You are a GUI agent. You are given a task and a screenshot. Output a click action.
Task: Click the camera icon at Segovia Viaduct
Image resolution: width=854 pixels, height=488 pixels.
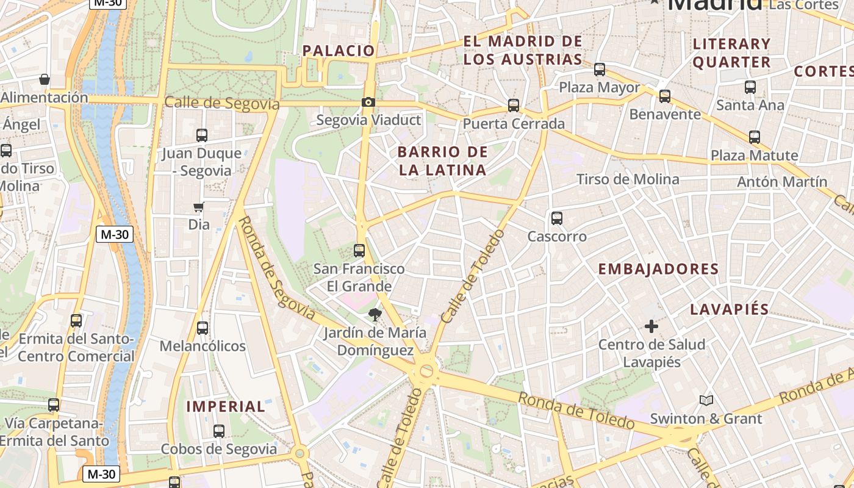tap(368, 102)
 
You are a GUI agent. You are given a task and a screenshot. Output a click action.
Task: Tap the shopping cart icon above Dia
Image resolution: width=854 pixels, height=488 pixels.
tap(198, 207)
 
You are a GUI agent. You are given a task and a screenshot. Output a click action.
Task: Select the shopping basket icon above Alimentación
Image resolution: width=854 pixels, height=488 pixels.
tap(45, 79)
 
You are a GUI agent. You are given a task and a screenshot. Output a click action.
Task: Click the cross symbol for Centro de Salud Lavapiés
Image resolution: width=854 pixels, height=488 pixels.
tap(651, 326)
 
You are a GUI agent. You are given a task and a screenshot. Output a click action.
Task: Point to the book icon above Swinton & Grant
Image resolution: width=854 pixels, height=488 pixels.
tap(706, 400)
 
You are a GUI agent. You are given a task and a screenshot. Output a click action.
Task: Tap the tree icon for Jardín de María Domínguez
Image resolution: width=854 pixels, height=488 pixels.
tap(375, 315)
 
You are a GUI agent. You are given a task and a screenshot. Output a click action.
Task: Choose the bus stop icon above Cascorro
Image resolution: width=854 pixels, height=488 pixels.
tap(556, 218)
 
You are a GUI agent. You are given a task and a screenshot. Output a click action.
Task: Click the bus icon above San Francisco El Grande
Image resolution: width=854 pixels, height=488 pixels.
tap(359, 250)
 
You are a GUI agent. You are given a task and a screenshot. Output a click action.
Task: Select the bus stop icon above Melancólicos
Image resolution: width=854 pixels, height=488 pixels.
tap(203, 328)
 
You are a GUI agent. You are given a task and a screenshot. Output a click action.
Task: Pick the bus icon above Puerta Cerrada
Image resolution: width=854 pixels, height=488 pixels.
tap(514, 106)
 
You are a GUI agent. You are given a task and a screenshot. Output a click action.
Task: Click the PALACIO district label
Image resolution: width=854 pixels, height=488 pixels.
tap(339, 51)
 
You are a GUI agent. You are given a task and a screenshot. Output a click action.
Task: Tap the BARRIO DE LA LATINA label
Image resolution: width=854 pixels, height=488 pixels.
tap(443, 161)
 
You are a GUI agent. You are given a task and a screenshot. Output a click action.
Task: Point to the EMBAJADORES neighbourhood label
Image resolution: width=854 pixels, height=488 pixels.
tap(658, 269)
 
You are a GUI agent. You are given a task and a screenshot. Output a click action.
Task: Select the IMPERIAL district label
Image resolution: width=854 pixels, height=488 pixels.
tap(226, 406)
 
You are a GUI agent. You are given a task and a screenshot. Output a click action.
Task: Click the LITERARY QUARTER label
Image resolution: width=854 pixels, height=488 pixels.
tap(732, 53)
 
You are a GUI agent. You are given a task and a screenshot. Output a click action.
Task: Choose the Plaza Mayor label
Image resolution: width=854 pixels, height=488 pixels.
tap(600, 87)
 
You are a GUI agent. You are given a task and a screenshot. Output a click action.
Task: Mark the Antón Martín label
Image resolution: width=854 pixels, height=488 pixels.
tap(782, 182)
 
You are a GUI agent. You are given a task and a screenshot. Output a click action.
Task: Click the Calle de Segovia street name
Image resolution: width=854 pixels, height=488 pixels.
tap(222, 103)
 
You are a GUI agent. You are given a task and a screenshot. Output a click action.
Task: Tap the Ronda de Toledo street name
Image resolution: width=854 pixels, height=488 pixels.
tap(576, 411)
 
